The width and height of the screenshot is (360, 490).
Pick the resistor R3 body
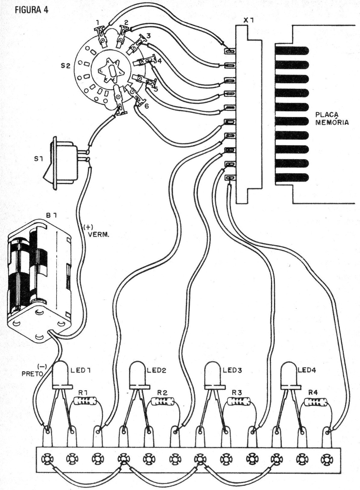coord(239,401)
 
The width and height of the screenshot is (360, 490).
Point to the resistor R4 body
coord(316,402)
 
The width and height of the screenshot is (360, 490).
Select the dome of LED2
coord(138,373)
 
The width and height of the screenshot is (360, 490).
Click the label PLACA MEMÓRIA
coord(332,119)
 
